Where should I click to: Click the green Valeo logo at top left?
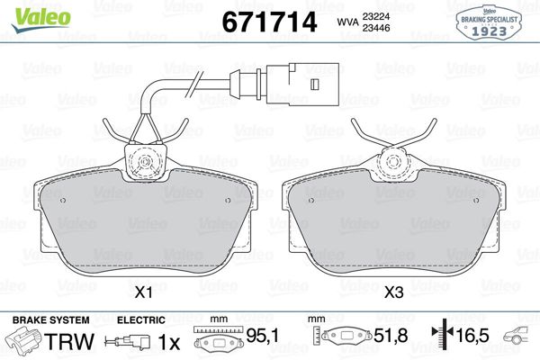click(x=41, y=20)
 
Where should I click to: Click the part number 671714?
click(x=269, y=22)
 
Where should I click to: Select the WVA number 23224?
click(x=375, y=16)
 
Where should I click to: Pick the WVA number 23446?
click(x=375, y=28)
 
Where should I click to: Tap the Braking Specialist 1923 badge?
click(x=489, y=22)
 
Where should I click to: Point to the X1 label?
click(x=143, y=292)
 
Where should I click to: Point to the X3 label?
click(x=393, y=292)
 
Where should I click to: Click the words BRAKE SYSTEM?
click(x=51, y=320)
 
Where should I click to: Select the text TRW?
click(x=69, y=342)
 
